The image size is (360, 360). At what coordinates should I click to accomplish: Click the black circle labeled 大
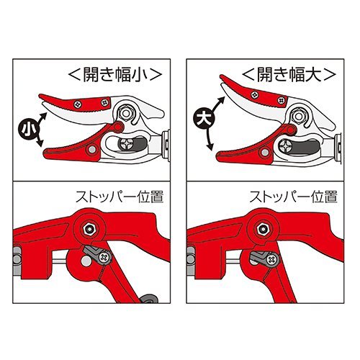[x=202, y=117]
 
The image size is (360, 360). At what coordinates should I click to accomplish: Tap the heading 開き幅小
[x=115, y=75]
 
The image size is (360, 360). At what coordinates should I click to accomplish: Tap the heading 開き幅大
[x=289, y=75]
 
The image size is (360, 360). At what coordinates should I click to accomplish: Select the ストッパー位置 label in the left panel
[x=120, y=197]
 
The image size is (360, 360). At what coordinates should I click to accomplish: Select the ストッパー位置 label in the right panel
[x=293, y=197]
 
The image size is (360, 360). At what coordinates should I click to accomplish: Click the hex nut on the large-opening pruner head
[x=298, y=116]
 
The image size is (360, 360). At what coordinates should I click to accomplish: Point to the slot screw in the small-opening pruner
[x=127, y=145]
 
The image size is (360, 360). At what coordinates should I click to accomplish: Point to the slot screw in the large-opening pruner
[x=287, y=146]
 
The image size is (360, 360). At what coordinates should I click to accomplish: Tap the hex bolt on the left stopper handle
[x=90, y=229]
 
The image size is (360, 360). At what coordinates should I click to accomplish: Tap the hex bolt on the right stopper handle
[x=263, y=229]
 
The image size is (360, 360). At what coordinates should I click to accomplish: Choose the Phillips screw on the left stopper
[x=104, y=258]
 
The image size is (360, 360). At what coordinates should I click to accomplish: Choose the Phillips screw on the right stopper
[x=272, y=259]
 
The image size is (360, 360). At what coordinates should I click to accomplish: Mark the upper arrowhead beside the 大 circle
[x=221, y=99]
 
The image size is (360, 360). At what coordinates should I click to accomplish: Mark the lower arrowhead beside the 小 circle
[x=40, y=143]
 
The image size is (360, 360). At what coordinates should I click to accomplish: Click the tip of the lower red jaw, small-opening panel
[x=44, y=153]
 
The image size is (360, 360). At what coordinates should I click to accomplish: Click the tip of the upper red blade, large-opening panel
[x=221, y=76]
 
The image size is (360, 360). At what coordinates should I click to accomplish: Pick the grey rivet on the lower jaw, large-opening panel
[x=264, y=152]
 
